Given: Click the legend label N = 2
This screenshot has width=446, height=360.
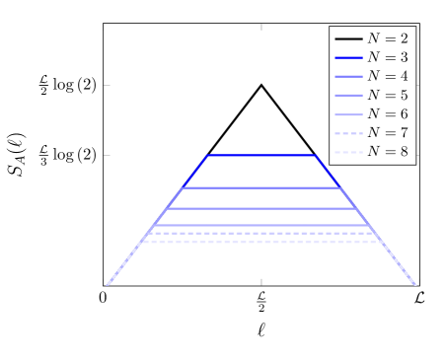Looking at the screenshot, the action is [388, 38].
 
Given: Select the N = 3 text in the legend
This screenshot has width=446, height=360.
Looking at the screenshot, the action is [388, 57].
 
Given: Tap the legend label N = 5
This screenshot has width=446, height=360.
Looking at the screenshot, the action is [388, 96].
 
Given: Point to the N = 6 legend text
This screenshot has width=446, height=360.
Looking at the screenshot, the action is [388, 114].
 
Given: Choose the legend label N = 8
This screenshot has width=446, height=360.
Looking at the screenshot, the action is [388, 152].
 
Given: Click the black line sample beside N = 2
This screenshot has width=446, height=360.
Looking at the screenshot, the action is [348, 38].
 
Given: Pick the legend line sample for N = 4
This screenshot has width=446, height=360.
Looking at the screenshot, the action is [348, 77].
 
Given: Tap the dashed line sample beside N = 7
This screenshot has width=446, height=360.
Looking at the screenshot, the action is [348, 133].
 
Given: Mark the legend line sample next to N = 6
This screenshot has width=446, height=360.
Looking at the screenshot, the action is [348, 114].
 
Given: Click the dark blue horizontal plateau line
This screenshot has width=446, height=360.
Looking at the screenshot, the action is [261, 156].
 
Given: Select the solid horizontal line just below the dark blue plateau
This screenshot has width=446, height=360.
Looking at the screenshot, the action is [261, 187].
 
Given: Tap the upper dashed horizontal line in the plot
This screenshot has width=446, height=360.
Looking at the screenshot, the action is [261, 234].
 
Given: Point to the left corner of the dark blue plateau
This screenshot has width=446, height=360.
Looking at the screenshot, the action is [208, 156].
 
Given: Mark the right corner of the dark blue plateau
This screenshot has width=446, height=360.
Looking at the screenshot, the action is [315, 156].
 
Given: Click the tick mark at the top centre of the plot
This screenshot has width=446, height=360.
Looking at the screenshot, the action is [261, 27].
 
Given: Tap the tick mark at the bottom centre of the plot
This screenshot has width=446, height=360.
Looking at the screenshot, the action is [261, 282].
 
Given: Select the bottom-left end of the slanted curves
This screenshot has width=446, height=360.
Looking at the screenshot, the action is [108, 284].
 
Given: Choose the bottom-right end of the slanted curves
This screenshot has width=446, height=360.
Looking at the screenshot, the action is [415, 284].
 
